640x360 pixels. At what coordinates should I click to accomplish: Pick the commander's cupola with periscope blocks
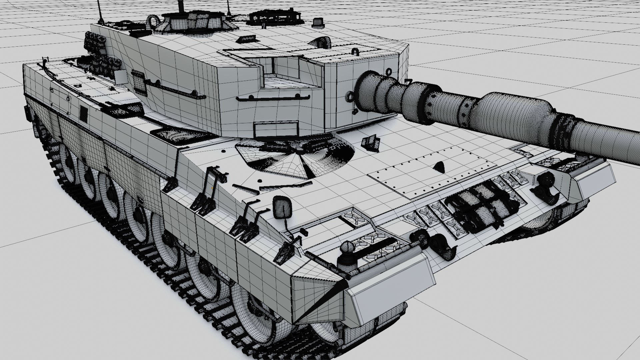coord(193,21)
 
